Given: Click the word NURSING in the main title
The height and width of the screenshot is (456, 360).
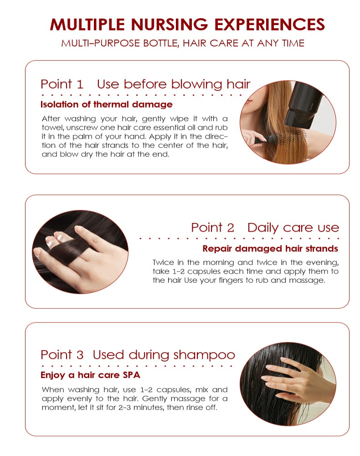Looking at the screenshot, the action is point(170,25).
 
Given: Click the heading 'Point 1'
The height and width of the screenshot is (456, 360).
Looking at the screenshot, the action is point(62,84).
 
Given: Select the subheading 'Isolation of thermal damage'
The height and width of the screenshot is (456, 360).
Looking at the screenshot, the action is point(106,104).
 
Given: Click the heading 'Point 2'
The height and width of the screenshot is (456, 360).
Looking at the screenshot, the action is point(212,228).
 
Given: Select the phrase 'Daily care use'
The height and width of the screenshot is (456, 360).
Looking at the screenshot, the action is point(293,228).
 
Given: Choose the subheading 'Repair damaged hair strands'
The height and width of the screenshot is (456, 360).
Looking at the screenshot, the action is point(270,249).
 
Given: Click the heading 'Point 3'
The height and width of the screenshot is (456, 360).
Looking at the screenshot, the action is point(62,355).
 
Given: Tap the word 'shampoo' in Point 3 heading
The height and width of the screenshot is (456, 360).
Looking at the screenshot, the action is point(204,356).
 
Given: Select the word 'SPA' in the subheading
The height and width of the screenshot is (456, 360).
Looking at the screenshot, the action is point(131,375).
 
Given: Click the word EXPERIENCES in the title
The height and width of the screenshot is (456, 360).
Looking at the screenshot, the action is point(269,25).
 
